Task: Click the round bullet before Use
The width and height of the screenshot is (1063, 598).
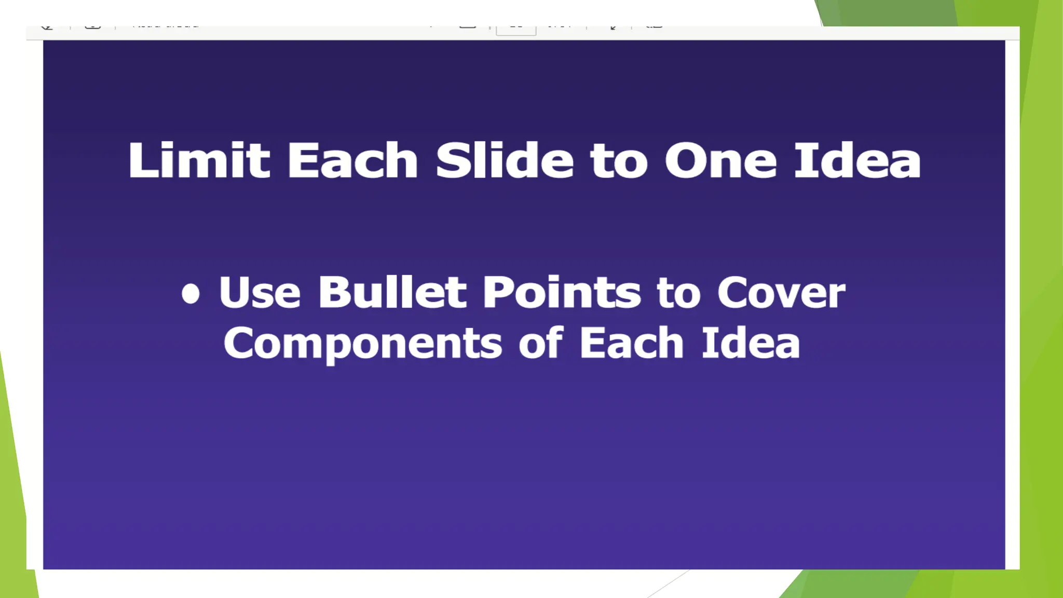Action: click(190, 293)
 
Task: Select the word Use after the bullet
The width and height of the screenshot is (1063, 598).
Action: click(260, 292)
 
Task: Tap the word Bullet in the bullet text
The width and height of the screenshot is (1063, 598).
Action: click(392, 292)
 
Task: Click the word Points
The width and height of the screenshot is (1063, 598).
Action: click(562, 292)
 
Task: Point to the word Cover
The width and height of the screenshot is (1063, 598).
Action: click(781, 292)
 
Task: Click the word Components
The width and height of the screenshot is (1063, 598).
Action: click(363, 344)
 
